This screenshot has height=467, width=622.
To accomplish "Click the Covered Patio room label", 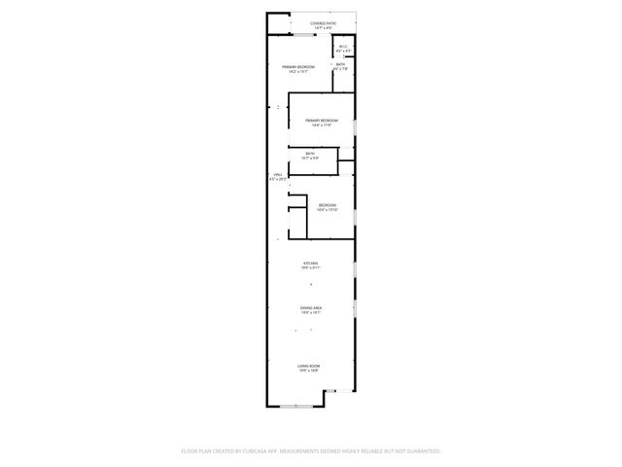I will click(324, 22).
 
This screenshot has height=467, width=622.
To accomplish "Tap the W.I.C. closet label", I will click(343, 46).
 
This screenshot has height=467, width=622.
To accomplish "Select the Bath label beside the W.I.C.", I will click(340, 65).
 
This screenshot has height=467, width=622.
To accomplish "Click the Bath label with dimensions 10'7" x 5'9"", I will click(310, 154).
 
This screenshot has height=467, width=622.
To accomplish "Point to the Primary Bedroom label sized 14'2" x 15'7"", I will click(298, 67).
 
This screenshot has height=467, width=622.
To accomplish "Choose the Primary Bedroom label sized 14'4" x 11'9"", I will click(322, 121).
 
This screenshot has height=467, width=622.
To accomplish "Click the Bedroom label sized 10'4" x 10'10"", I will click(328, 205).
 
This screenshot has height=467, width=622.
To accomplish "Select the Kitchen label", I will click(310, 264).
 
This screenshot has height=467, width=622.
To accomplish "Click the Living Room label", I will click(308, 366).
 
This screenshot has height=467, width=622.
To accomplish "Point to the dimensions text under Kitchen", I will click(310, 269).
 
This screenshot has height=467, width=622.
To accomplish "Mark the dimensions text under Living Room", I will click(308, 371).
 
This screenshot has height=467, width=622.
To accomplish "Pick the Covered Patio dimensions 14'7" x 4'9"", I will click(324, 27).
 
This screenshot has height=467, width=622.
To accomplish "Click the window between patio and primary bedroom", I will click(305, 35).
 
